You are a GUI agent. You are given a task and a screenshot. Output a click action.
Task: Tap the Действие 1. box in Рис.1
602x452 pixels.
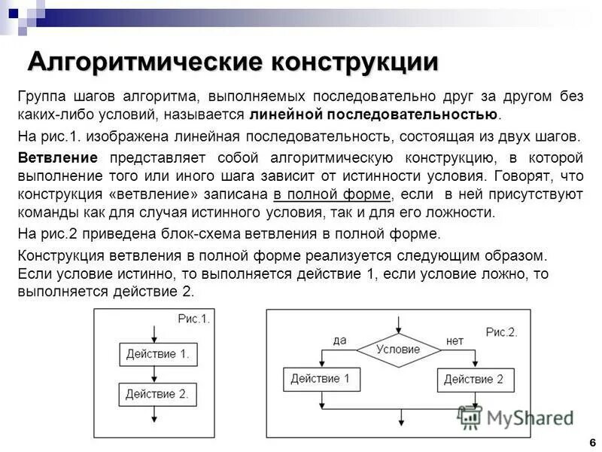[157, 354]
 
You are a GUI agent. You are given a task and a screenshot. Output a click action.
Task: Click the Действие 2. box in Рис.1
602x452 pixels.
[157, 394]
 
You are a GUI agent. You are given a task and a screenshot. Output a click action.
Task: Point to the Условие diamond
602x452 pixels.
[398, 350]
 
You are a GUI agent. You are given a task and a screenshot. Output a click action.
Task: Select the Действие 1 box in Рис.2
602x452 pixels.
[321, 379]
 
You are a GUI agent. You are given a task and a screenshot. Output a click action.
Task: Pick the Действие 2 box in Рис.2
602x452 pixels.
[473, 379]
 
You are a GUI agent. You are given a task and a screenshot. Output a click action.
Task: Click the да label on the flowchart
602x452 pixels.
[339, 341]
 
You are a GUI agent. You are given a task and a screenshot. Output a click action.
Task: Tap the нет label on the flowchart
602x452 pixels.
[455, 341]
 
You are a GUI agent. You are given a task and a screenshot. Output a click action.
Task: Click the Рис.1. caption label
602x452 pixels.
[193, 319]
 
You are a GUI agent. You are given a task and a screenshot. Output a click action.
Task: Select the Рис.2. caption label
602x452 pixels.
[501, 332]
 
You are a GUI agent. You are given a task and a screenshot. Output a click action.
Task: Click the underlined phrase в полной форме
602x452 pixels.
[331, 194]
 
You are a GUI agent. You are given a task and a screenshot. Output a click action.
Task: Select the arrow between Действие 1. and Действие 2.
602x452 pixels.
[154, 374]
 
